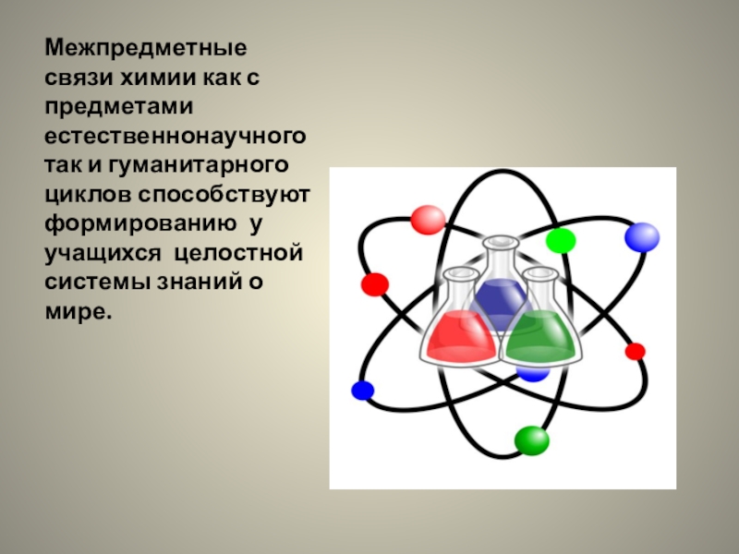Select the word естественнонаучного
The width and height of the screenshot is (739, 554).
(176, 137)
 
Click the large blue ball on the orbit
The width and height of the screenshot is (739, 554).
(641, 237)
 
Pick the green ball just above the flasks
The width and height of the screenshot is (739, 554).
(560, 241)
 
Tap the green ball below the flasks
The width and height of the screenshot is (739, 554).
(531, 440)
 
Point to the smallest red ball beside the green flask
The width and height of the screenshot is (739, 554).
(635, 351)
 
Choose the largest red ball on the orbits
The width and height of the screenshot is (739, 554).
(428, 219)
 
